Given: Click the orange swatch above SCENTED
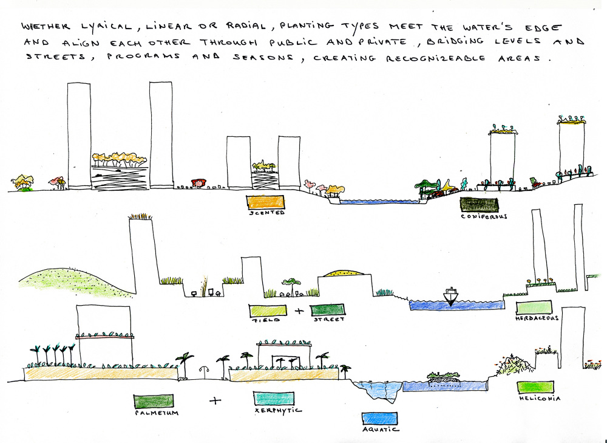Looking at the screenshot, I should point(264,202).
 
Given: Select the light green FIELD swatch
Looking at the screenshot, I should point(268,310).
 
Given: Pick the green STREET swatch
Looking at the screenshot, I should point(327,310).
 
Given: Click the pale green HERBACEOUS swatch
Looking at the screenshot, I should point(534,307).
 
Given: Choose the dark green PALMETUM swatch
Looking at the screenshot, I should point(153,401).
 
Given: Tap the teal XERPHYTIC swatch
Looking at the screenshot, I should point(273,399).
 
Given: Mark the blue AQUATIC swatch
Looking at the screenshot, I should point(379,418).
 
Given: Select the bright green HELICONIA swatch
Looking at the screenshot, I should point(535,387).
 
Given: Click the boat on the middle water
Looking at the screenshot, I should point(451,295).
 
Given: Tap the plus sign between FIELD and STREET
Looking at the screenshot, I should point(298,311).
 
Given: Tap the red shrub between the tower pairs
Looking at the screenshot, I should point(197,182).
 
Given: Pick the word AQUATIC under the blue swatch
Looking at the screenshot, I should point(379,430).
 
